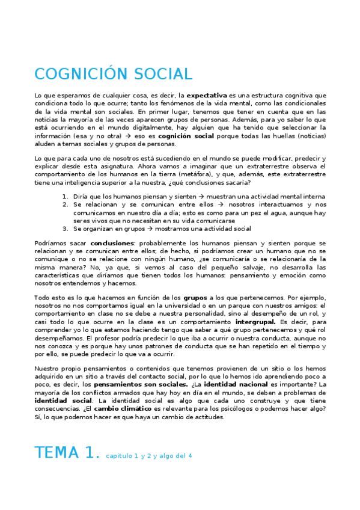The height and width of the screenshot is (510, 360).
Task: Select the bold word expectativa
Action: coord(207,96)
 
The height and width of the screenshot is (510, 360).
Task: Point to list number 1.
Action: coord(66,197)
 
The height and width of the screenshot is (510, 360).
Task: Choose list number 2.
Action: coord(66,204)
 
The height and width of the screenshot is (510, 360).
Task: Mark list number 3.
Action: coord(66,229)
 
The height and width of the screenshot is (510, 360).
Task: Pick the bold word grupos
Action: coord(195,298)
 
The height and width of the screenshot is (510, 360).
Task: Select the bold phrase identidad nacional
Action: coord(231,384)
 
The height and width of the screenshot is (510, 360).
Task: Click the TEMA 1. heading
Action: coord(67,452)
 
